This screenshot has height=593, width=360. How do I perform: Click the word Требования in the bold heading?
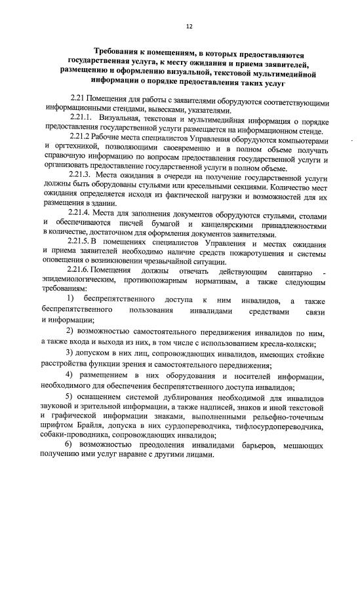[x=119, y=50]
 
